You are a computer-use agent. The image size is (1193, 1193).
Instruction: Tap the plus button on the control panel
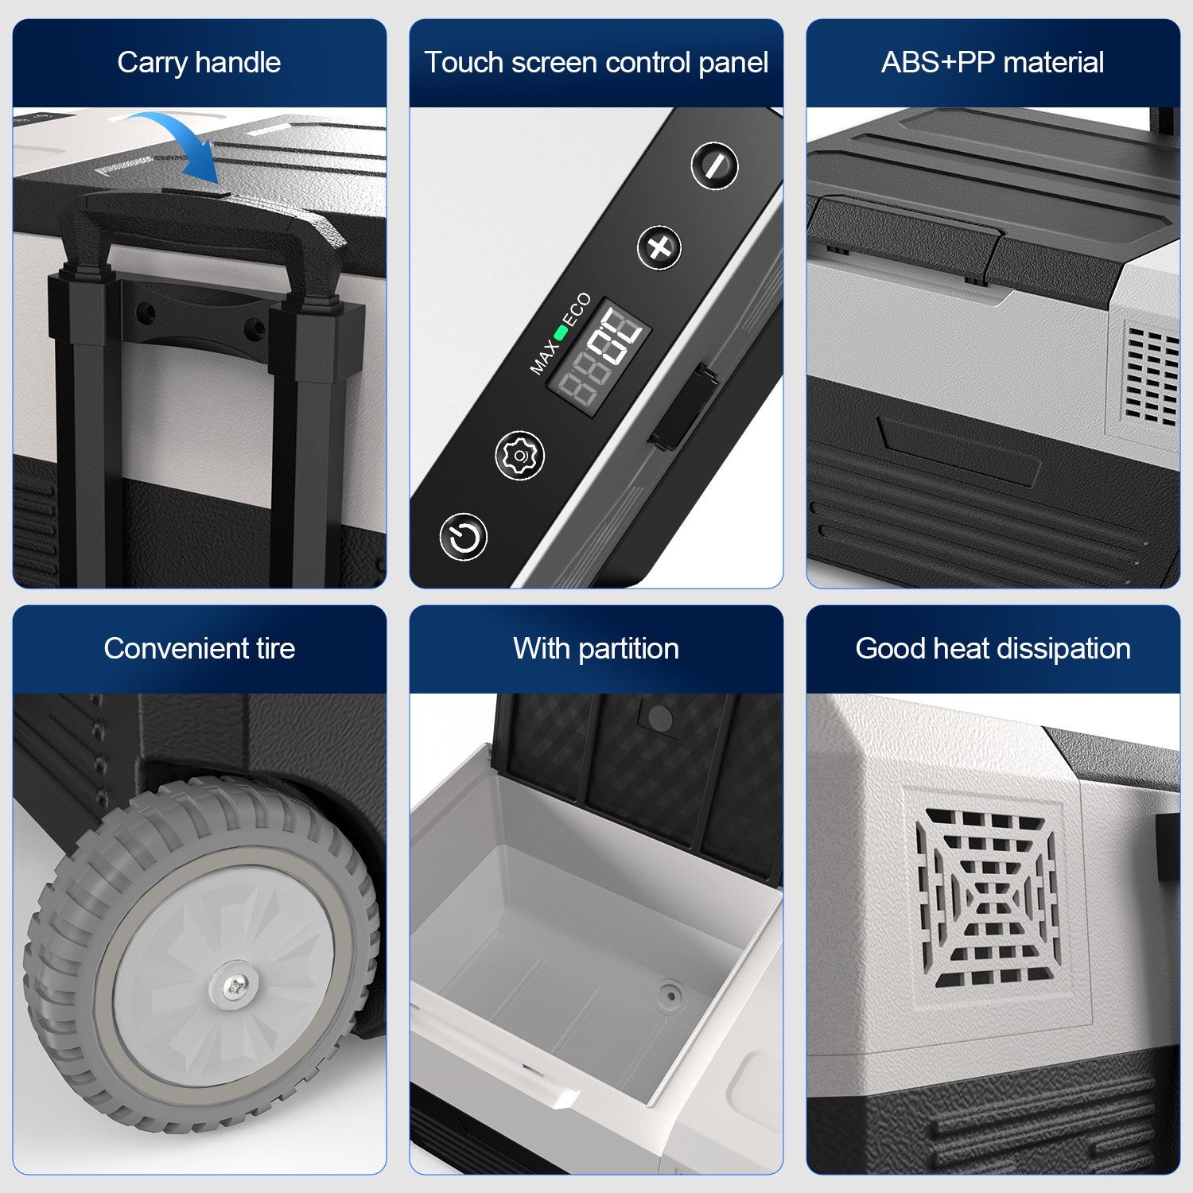point(659,247)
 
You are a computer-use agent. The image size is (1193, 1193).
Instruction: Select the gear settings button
point(520,456)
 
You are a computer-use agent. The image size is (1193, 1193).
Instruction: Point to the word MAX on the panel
point(543,357)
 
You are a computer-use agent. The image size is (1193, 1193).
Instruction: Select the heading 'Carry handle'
point(199,62)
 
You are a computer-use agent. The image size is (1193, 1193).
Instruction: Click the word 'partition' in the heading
point(628,649)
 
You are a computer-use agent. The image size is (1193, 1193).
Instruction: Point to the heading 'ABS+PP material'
point(993,62)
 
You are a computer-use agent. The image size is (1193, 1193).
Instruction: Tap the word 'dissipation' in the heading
point(1062,649)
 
